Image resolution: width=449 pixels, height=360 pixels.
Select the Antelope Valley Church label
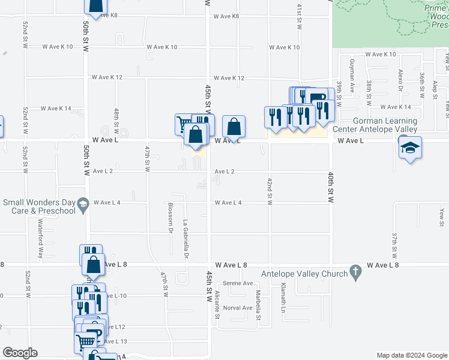tap(304, 274)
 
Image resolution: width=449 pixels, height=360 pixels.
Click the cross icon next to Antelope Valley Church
tap(355, 271)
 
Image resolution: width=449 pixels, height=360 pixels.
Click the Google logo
tap(20, 353)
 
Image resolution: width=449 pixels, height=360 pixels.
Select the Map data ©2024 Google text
tap(412, 355)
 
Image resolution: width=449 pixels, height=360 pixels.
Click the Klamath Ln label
tap(283, 298)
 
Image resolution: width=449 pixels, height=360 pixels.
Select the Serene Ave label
tap(238, 283)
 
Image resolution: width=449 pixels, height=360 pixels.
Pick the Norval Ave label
tap(238, 308)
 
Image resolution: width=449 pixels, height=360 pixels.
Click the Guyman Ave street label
tap(352, 73)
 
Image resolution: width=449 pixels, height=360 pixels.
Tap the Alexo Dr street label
tap(400, 78)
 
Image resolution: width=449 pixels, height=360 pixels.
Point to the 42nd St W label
tap(270, 191)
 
